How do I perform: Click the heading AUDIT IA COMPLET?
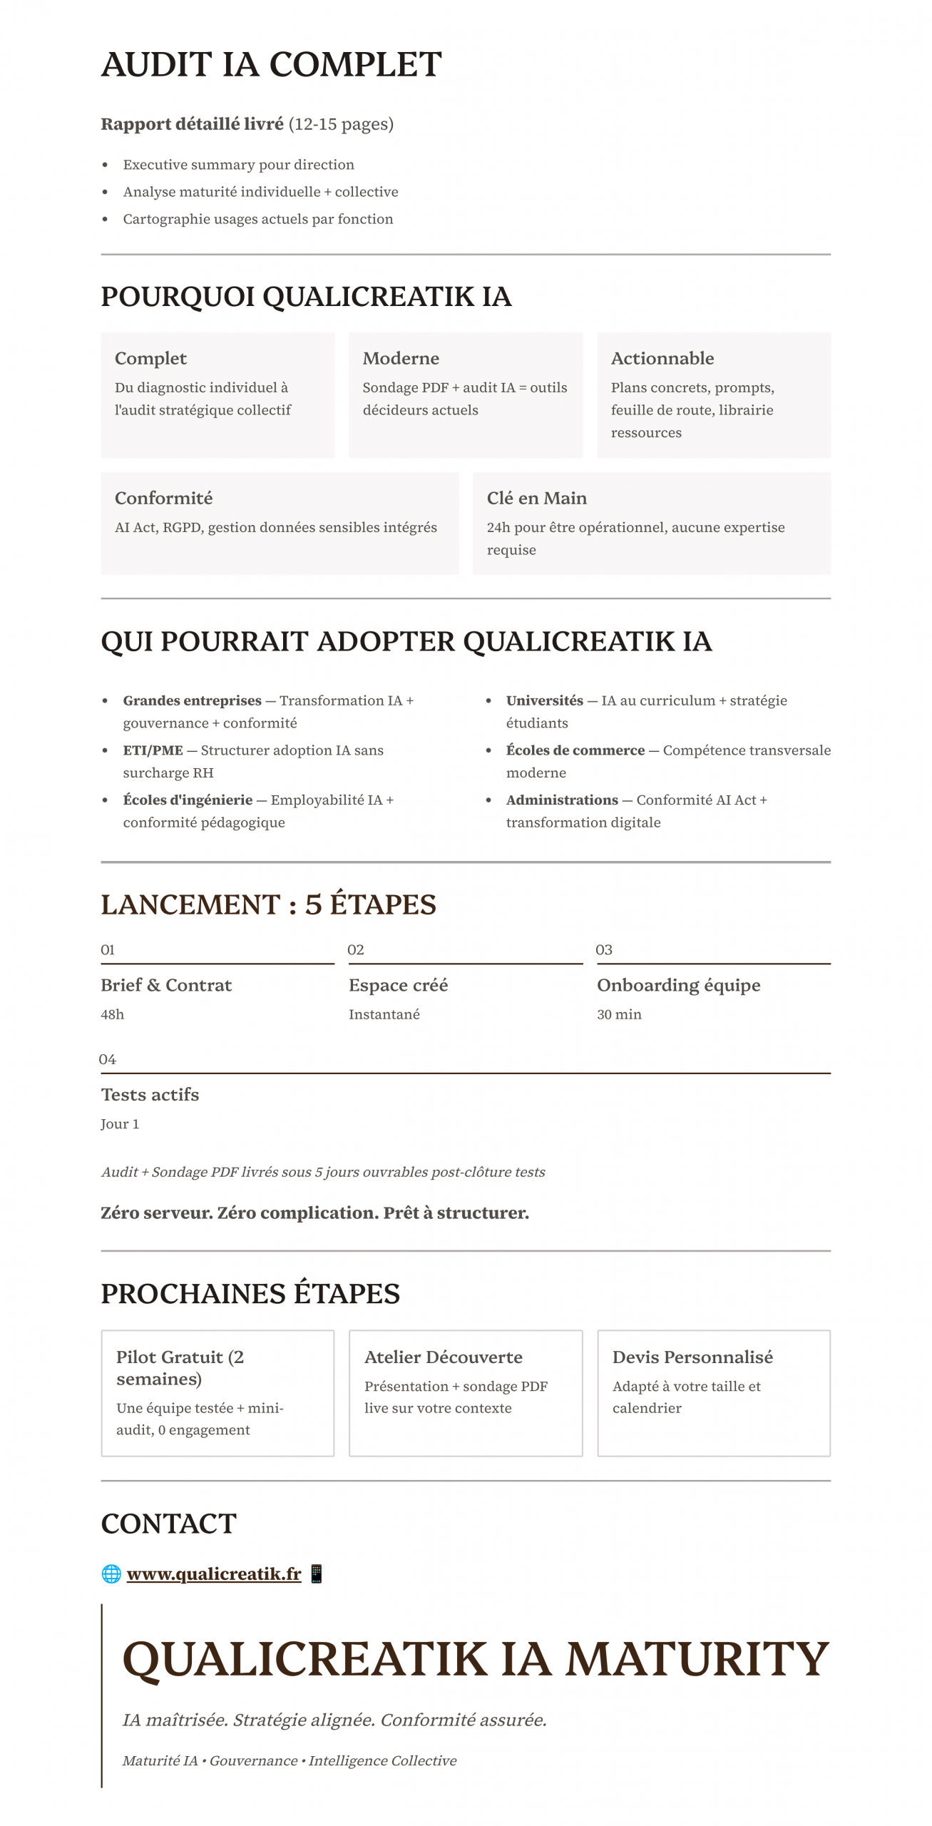tap(271, 65)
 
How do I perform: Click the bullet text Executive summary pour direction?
tap(238, 165)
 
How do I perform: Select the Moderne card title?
tap(401, 358)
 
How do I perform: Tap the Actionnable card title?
tap(662, 358)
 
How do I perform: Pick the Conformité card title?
tap(163, 498)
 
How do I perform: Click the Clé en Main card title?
tap(536, 498)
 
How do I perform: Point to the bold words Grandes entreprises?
tap(192, 700)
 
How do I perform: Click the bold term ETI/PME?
tap(153, 750)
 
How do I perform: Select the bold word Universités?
tap(544, 700)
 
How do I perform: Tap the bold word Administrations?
tap(562, 800)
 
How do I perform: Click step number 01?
tap(108, 949)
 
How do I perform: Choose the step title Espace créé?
tap(398, 985)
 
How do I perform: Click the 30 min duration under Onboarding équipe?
tap(619, 1014)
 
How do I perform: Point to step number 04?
tap(108, 1059)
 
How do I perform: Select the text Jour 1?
tap(120, 1124)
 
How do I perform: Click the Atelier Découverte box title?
tap(443, 1357)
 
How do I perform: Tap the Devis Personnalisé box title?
tap(692, 1357)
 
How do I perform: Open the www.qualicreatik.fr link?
tap(214, 1573)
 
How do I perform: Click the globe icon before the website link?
tap(111, 1573)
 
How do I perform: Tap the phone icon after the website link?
tap(317, 1573)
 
